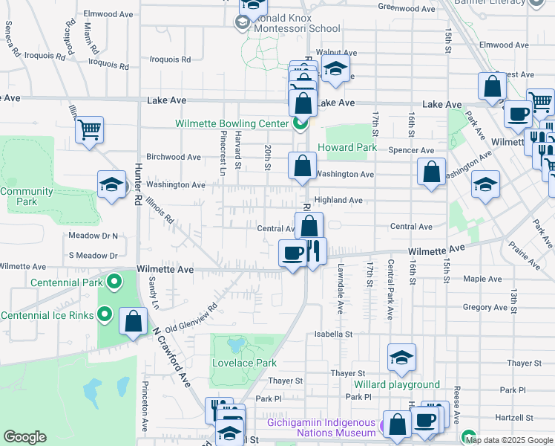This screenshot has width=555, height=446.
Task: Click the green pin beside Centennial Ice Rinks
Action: point(105,314)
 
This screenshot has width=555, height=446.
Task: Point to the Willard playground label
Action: point(396,384)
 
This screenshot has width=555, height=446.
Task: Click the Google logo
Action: point(24,436)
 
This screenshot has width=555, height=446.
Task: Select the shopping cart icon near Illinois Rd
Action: point(89,130)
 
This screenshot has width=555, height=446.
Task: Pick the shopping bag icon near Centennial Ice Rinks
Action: point(133,322)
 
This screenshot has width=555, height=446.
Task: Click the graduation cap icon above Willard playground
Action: point(401,358)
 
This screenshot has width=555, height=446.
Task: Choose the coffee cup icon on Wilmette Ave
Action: point(293,253)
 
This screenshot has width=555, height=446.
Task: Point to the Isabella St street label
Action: point(332,334)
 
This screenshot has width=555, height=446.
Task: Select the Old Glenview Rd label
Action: point(191,317)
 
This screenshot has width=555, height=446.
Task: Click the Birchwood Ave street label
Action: point(174,157)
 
